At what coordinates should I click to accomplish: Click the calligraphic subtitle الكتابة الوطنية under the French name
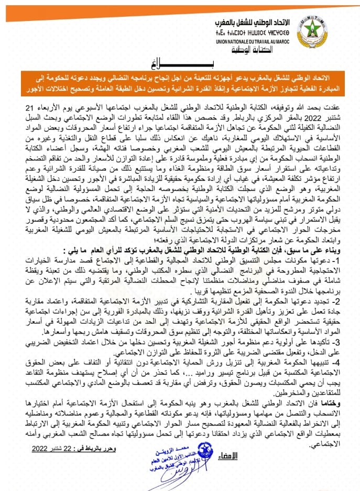click(x=234, y=52)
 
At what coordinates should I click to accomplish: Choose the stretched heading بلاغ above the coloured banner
click(x=180, y=64)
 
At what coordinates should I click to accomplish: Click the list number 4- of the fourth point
click(x=341, y=362)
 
